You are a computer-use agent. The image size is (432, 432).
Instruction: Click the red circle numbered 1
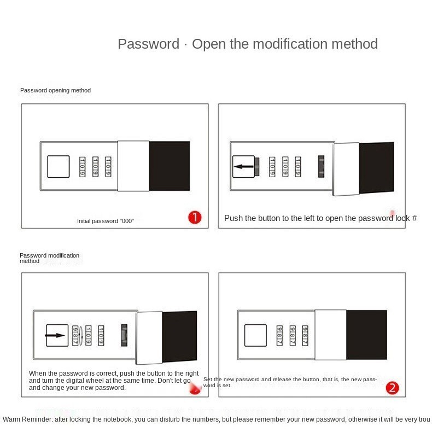tap(195, 218)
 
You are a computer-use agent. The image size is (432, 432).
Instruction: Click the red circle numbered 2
tap(392, 388)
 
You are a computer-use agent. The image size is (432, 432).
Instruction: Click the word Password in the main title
tap(149, 44)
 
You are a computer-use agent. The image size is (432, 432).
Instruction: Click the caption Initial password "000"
tap(106, 221)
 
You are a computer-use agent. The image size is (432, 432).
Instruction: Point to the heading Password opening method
tap(55, 90)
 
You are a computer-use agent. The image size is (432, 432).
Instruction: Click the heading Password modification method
tap(49, 258)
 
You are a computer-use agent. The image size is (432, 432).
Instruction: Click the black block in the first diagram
tap(170, 166)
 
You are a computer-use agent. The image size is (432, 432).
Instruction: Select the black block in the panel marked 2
tap(367, 335)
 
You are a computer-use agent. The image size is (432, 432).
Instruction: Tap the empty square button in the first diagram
tap(59, 166)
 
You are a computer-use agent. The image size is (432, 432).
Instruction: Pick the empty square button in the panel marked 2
tap(255, 335)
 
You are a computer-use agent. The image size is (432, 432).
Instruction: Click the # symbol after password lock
tap(414, 218)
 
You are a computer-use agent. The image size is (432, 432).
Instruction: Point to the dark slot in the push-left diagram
tap(321, 166)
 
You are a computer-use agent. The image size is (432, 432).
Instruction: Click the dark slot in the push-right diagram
tap(124, 335)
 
